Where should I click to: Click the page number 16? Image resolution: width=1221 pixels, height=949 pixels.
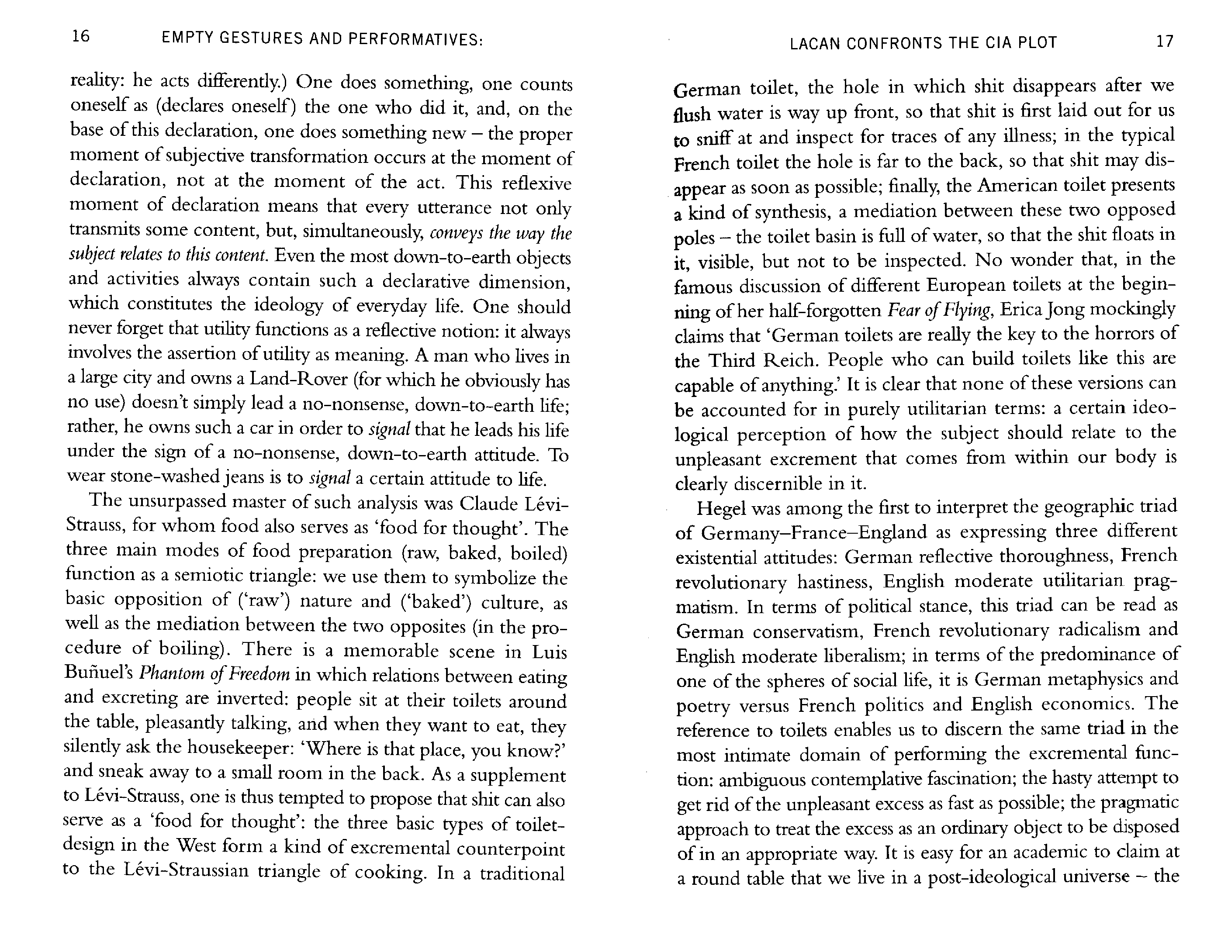tap(81, 36)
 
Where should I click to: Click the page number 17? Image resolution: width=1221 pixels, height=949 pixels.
tap(1165, 41)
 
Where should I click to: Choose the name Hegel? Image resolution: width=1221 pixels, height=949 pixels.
tap(721, 509)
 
